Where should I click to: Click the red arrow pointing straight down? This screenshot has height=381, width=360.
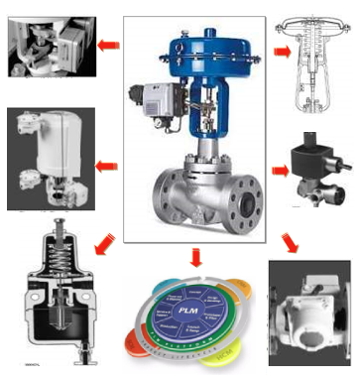194,255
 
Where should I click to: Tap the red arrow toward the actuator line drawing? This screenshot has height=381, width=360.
283,51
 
